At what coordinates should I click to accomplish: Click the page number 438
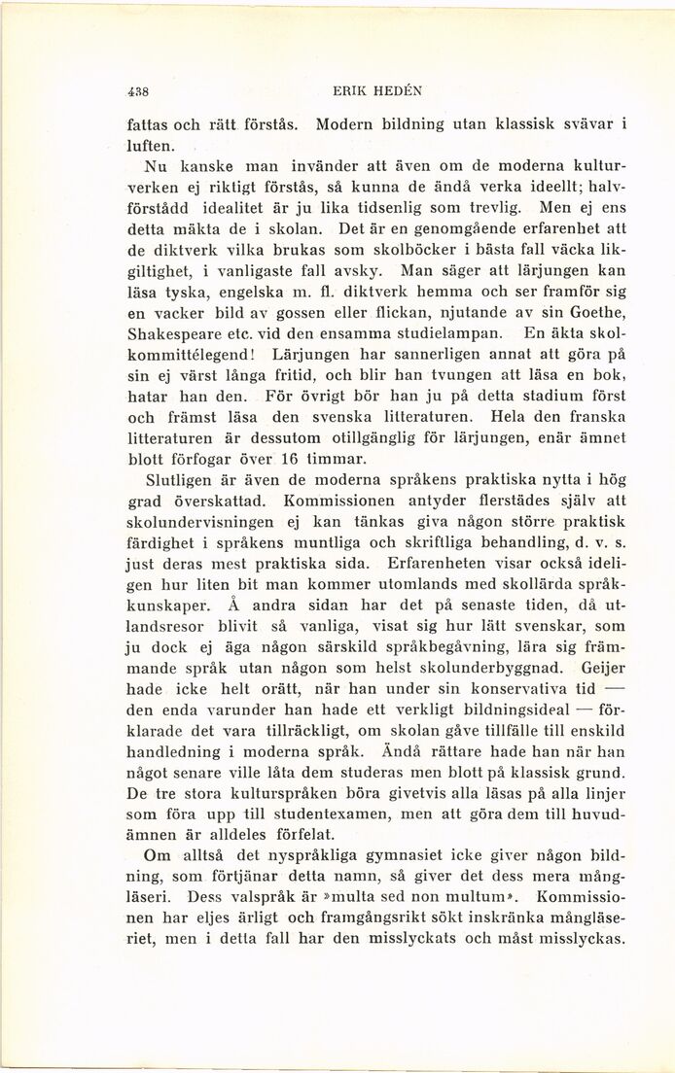point(137,94)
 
